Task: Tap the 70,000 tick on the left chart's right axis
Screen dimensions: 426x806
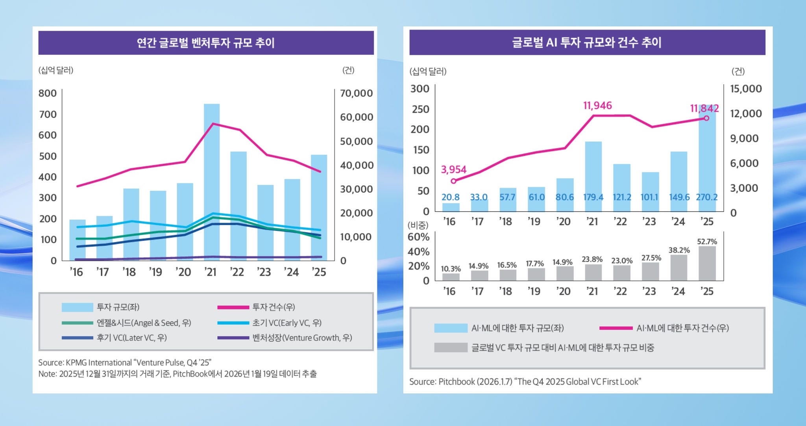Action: pyautogui.click(x=356, y=93)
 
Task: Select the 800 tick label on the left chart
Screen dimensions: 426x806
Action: pyautogui.click(x=48, y=93)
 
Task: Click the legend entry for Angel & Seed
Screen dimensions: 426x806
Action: pyautogui.click(x=144, y=323)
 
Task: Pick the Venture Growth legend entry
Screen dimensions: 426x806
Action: pyautogui.click(x=302, y=338)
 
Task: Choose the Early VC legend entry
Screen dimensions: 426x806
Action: pyautogui.click(x=287, y=323)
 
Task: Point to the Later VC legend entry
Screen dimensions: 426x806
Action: pyautogui.click(x=131, y=338)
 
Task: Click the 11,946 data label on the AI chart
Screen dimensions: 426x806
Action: pyautogui.click(x=597, y=106)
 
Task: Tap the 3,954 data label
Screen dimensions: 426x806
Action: pyautogui.click(x=453, y=169)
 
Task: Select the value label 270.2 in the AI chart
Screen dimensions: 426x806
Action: pyautogui.click(x=706, y=197)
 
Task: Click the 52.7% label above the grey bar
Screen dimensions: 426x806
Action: pyautogui.click(x=707, y=242)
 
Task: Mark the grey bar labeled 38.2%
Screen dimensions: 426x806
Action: pyautogui.click(x=678, y=268)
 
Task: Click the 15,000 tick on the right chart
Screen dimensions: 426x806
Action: pyautogui.click(x=746, y=89)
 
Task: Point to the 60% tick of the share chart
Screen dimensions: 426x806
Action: pyautogui.click(x=419, y=237)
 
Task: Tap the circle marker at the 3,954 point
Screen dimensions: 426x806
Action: pyautogui.click(x=453, y=181)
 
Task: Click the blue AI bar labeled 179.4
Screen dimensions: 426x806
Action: pyautogui.click(x=593, y=169)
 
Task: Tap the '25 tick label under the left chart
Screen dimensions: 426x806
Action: pyautogui.click(x=318, y=272)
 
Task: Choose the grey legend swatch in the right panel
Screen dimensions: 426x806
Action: pyautogui.click(x=451, y=348)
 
